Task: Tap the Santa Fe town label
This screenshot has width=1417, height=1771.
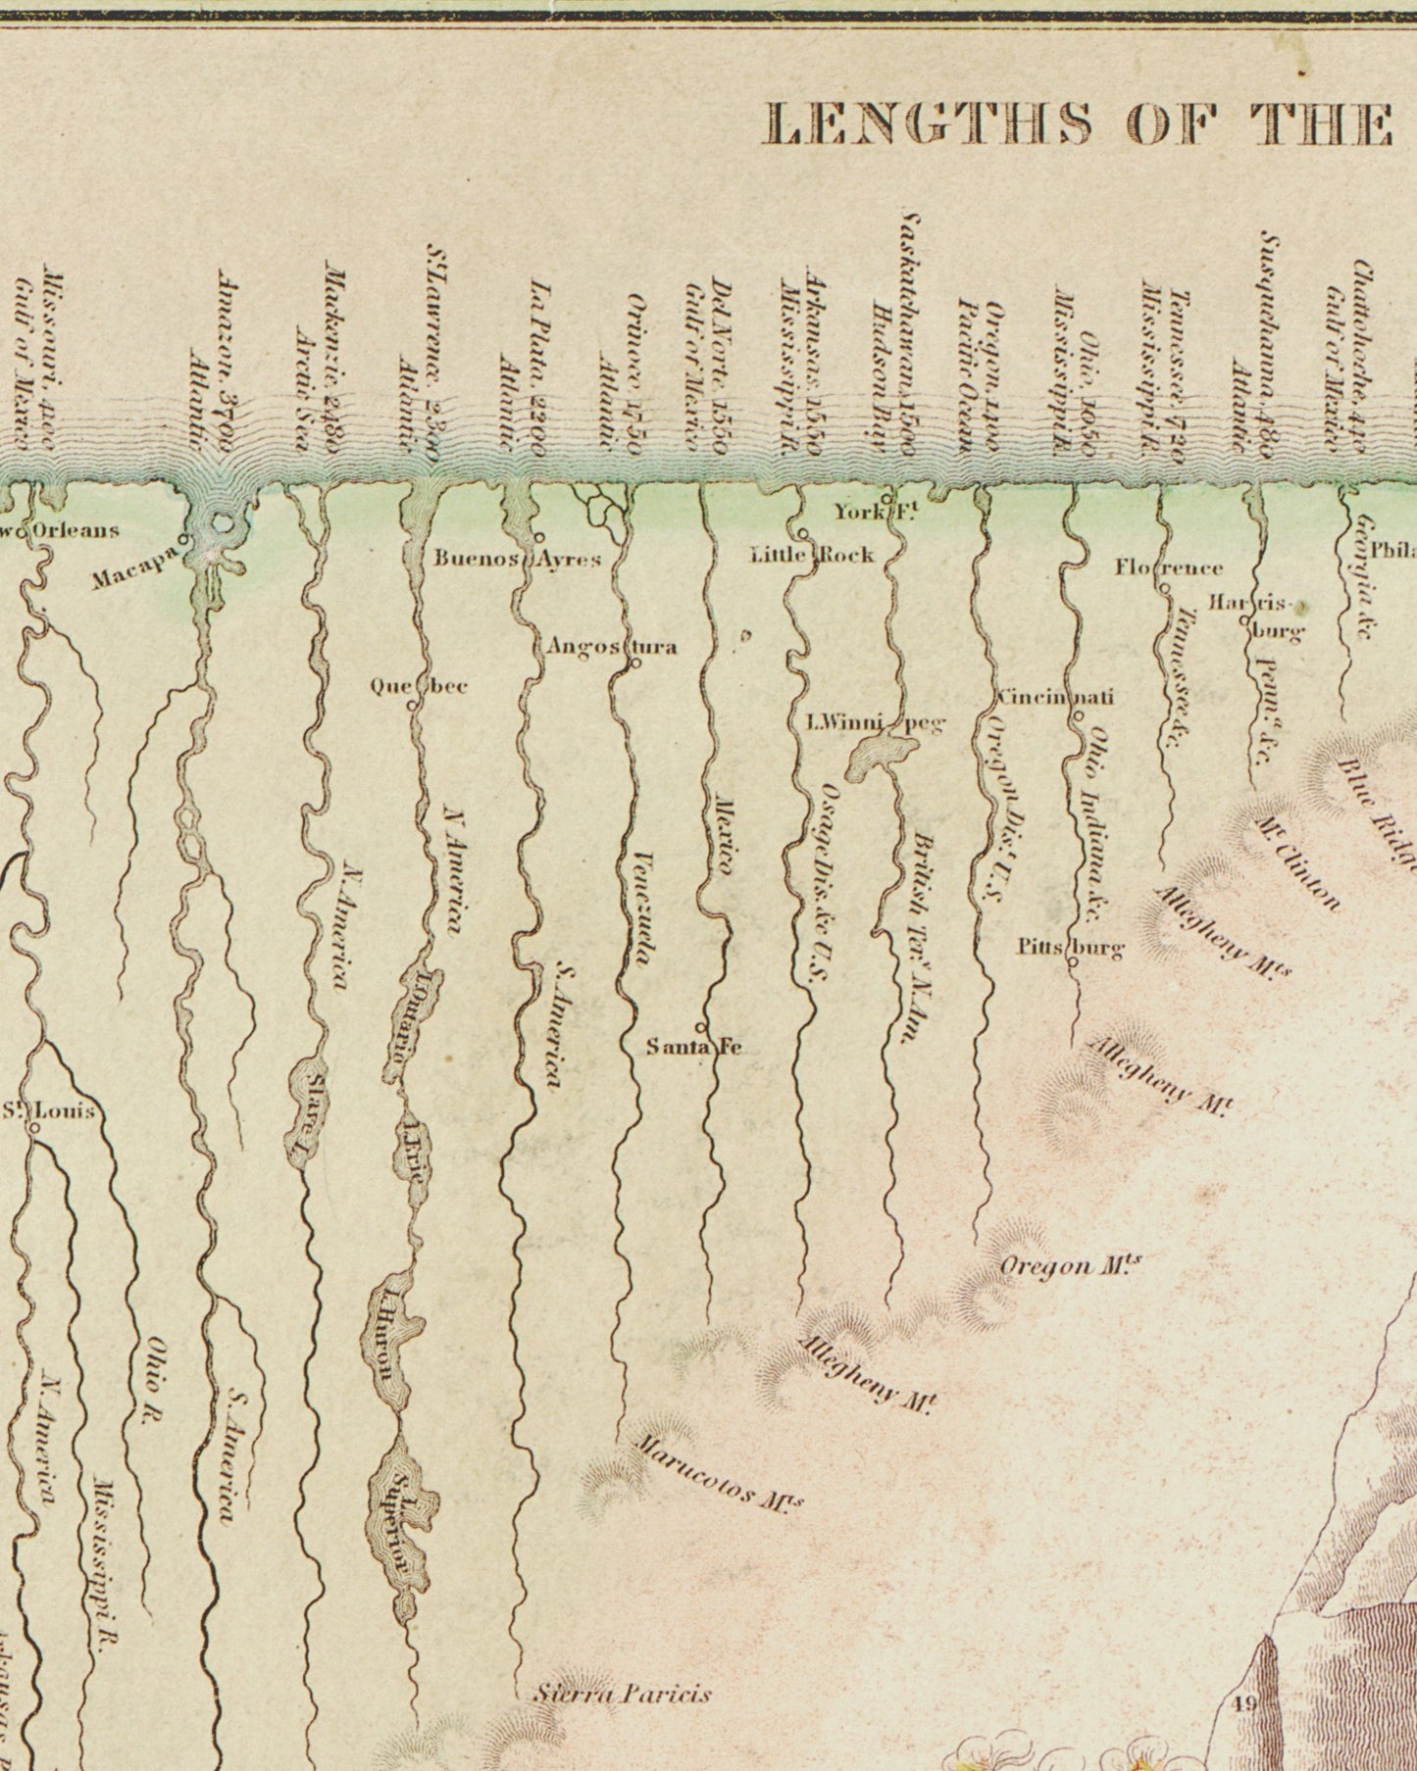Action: (693, 1047)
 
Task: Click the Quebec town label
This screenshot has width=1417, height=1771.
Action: (418, 686)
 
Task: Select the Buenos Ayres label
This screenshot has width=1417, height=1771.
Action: (517, 560)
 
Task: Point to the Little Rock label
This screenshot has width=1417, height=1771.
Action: (812, 555)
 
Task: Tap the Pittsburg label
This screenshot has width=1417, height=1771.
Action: (1070, 947)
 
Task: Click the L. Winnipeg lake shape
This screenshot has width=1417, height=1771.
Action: (879, 756)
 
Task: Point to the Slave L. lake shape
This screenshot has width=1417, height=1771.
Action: (305, 1107)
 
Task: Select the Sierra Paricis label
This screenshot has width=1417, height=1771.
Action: (622, 1693)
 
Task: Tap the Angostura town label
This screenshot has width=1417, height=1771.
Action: (611, 647)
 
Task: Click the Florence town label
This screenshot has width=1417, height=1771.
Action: (1169, 567)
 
